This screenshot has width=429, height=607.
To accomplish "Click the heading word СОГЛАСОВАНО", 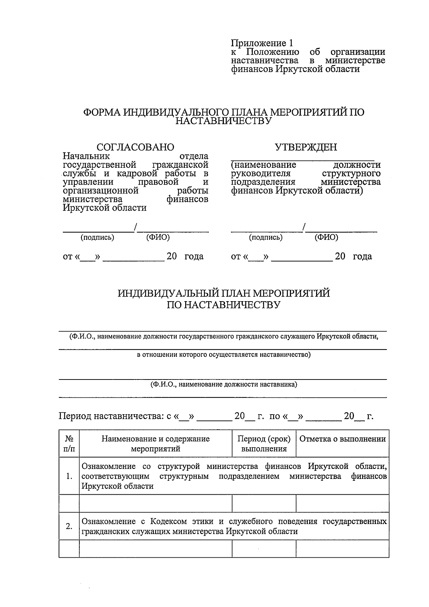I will (135, 147).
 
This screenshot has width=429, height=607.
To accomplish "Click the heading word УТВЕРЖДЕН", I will (306, 147).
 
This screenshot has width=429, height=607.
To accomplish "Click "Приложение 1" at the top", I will (262, 43).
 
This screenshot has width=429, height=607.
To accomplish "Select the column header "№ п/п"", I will (69, 444).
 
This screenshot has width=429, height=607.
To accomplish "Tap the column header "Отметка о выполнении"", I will (342, 439).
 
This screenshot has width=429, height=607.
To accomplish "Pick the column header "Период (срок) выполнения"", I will (264, 444).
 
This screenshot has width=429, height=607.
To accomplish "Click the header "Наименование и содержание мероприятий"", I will (156, 444).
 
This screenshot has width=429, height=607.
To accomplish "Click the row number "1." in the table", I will (69, 476).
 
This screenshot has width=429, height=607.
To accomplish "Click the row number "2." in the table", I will (69, 526).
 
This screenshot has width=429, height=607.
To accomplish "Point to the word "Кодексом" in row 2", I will (168, 521).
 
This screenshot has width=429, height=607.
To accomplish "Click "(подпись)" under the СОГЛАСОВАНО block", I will (98, 237).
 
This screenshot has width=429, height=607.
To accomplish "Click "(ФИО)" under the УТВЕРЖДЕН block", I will (326, 237).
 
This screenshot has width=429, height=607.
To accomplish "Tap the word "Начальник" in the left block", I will (86, 156).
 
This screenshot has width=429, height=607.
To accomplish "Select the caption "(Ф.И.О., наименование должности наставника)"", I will (223, 385).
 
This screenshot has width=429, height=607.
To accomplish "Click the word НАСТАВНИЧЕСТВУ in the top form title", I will (223, 121).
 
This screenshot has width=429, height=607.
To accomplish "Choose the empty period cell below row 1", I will (264, 503).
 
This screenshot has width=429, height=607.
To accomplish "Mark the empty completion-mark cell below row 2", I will (342, 548).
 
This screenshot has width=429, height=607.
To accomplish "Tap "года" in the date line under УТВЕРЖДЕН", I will (362, 256).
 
